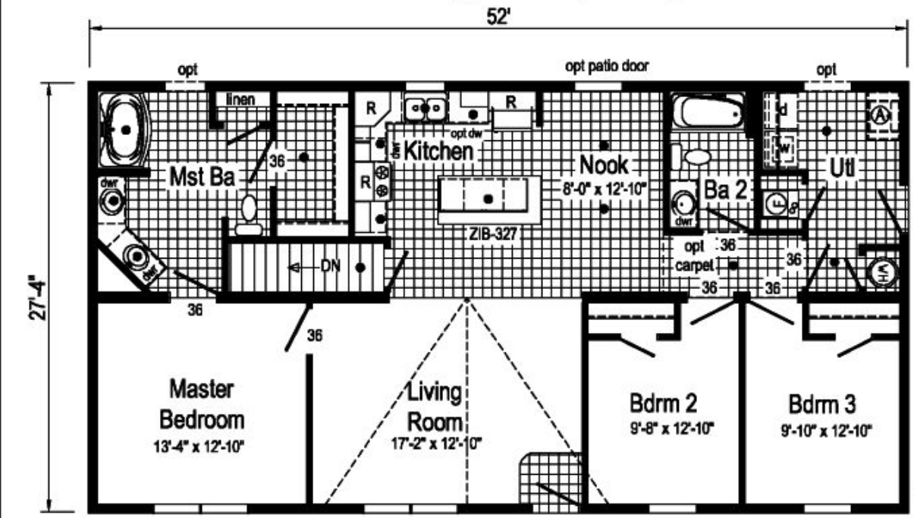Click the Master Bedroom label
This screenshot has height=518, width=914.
[x=201, y=406]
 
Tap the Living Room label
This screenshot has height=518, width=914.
[x=435, y=407]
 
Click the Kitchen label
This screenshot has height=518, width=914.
[x=438, y=151]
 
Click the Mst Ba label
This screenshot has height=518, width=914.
[x=202, y=178]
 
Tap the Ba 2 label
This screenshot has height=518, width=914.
[x=727, y=190]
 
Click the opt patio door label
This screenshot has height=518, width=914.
[x=608, y=66]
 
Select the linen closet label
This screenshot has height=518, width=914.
[x=240, y=99]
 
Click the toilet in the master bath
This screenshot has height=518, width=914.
[x=249, y=213]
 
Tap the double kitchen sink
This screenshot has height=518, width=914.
[x=425, y=108]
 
